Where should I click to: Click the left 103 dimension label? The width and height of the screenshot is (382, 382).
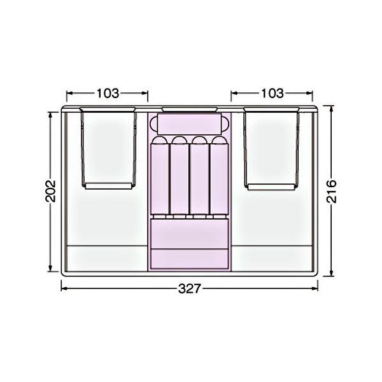coord(108,94)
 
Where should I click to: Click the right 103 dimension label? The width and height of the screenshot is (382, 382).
coord(272,94)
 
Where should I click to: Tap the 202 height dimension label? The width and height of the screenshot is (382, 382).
coord(51,191)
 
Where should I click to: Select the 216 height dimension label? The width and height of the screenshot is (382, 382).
coord(331,191)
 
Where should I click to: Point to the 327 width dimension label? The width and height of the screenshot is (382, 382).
coord(189,289)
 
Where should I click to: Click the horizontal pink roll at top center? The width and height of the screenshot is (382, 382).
coord(189,124)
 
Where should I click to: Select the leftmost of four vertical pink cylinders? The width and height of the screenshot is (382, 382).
coord(160,176)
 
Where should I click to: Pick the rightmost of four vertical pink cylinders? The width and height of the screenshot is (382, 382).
coord(219,176)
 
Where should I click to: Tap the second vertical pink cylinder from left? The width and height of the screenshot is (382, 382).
coord(180,176)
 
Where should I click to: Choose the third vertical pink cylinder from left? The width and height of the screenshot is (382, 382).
coord(199,176)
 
